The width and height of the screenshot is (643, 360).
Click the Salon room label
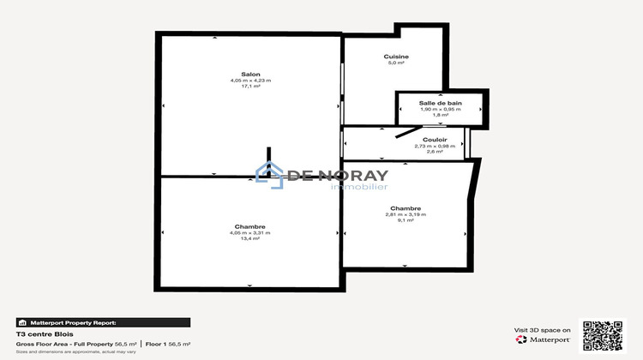click(250, 75)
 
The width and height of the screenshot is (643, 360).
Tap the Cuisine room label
click(395, 57)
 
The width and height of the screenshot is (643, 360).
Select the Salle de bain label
click(441, 103)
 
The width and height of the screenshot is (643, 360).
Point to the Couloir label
click(435, 139)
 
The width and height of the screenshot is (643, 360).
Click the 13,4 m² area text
click(250, 238)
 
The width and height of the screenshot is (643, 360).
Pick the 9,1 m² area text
click(405, 220)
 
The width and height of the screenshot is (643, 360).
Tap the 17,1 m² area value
click(250, 87)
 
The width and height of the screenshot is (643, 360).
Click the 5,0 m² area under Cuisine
click(395, 63)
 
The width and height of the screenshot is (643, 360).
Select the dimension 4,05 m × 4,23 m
click(250, 81)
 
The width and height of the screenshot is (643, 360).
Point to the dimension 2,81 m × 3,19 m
click(405, 214)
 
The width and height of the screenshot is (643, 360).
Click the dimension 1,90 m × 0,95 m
click(441, 109)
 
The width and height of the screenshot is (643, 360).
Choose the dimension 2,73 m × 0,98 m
click(435, 146)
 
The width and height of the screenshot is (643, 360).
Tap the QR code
click(603, 334)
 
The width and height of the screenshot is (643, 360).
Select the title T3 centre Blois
click(39, 333)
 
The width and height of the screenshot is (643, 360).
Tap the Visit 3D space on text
click(543, 330)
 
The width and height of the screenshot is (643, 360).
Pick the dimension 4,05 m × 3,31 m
click(250, 232)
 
